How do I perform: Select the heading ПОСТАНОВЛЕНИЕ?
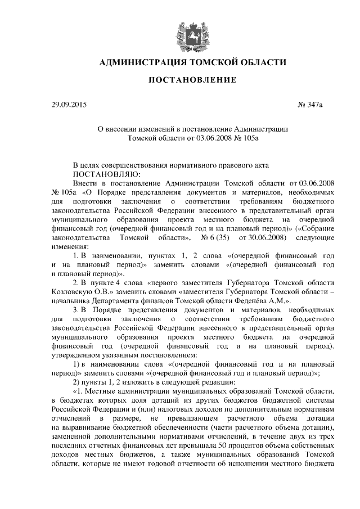pos(192,81)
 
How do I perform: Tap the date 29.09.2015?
pos(69,105)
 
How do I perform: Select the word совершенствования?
pos(137,165)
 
